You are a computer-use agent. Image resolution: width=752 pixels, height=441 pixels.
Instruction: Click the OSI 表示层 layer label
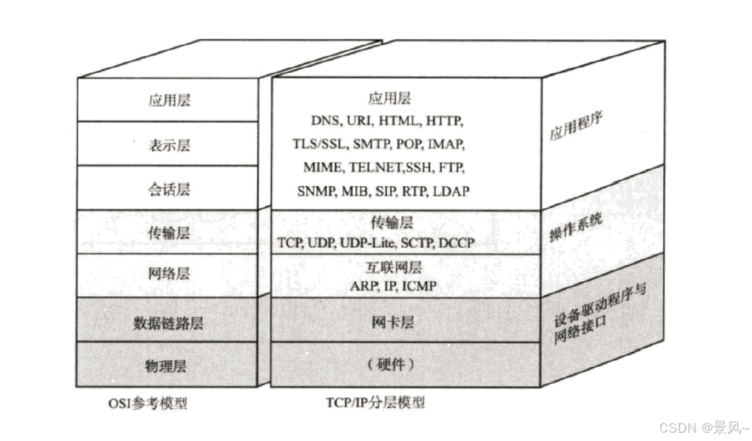pyautogui.click(x=169, y=144)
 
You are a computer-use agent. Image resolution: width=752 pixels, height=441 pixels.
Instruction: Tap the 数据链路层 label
pyautogui.click(x=169, y=323)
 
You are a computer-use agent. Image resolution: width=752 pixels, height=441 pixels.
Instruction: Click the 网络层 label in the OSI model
pyautogui.click(x=169, y=274)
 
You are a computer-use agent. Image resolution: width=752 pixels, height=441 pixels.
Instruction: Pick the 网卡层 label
pyautogui.click(x=392, y=323)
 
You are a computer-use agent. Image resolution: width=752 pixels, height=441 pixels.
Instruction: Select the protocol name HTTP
pyautogui.click(x=444, y=121)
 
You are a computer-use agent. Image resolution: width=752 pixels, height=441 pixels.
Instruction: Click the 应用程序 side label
pyautogui.click(x=579, y=129)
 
